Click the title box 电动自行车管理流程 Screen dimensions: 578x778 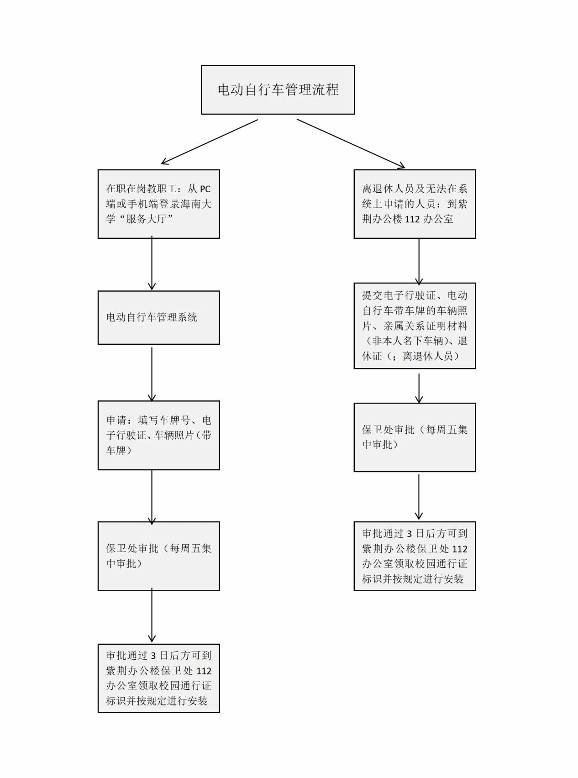278,89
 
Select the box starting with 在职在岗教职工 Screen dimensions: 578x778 159,204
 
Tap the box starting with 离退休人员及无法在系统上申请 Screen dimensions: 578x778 415,204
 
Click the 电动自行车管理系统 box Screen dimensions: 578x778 159,318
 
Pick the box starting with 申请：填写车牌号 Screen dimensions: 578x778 159,436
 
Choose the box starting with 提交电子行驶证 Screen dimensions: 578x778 415,326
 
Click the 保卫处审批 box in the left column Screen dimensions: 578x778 159,556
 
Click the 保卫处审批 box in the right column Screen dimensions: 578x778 415,437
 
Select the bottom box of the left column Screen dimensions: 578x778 159,678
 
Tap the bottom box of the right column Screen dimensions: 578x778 415,556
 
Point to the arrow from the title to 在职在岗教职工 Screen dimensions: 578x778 210,142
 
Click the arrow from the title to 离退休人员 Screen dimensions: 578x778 351,143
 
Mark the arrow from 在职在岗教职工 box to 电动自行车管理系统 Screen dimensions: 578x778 152,263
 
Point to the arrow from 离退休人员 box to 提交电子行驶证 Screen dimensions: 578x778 419,262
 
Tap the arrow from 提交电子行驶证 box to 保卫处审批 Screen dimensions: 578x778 419,389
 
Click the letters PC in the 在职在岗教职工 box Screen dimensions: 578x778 205,189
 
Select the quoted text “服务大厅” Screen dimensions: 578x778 147,219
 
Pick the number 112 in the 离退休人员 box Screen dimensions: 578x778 412,219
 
